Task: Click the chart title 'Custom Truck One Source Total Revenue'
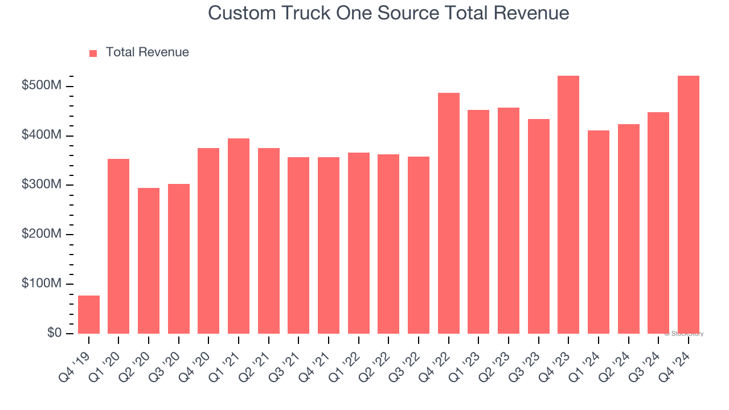(x=388, y=13)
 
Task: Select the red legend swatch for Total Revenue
(x=93, y=53)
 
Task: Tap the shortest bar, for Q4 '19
(x=89, y=314)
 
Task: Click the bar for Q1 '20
(x=118, y=246)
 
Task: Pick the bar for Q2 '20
(x=149, y=261)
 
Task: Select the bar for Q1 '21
(x=239, y=236)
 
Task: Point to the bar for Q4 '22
(x=449, y=213)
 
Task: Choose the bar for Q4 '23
(x=568, y=204)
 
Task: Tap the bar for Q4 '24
(x=689, y=204)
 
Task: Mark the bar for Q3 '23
(x=539, y=226)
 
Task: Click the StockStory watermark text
(x=684, y=334)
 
